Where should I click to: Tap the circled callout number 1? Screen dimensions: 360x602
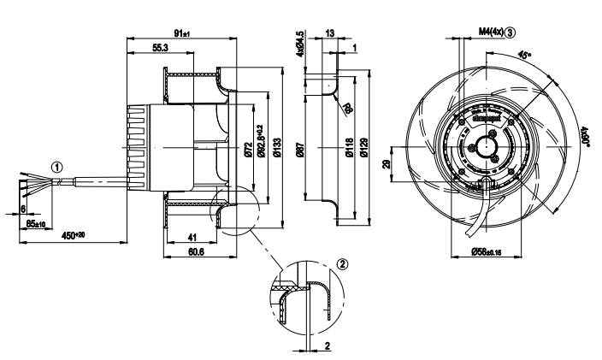click(x=56, y=167)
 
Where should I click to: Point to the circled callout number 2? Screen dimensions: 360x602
click(x=344, y=265)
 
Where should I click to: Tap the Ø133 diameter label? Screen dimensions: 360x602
click(x=278, y=150)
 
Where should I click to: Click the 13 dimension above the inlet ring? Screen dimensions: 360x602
click(x=331, y=33)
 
